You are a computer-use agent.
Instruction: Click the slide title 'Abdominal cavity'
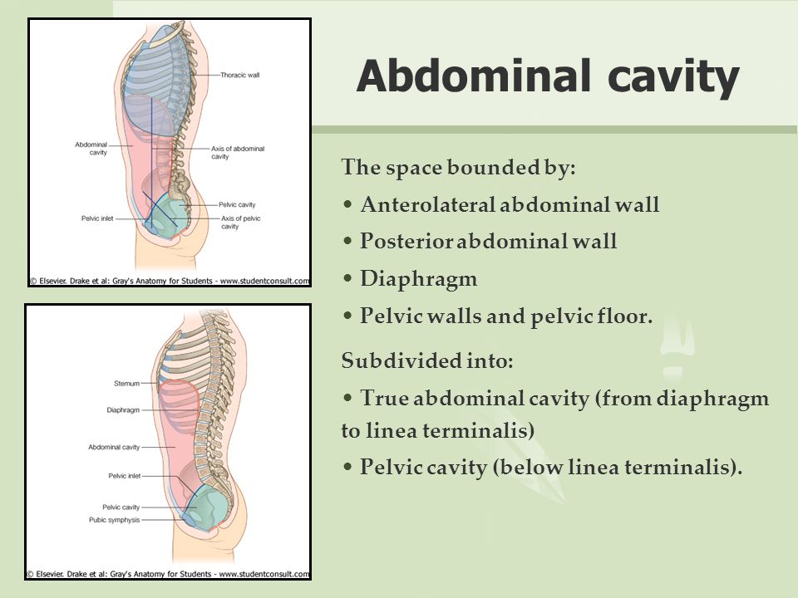coord(548,76)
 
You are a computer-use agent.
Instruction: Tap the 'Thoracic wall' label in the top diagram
coord(239,75)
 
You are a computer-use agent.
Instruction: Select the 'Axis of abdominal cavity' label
coord(238,153)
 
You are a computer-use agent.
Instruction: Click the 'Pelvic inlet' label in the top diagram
coord(97,218)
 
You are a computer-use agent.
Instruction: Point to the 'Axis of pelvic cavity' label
coord(240,223)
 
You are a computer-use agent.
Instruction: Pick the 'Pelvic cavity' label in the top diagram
coord(237,204)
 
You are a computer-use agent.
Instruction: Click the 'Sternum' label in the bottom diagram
coord(126,384)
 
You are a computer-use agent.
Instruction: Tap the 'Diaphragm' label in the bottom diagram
coord(123,409)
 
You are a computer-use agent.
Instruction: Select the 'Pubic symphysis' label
coord(115,520)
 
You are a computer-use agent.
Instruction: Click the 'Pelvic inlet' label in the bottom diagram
coord(124,476)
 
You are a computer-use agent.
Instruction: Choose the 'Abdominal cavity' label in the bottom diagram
coord(114,447)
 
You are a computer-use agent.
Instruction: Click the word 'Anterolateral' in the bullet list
coord(427,204)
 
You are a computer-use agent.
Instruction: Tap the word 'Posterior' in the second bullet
coord(406,242)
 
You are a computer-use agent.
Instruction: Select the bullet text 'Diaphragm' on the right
coord(419,279)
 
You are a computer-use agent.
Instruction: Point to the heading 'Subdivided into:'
coord(427,360)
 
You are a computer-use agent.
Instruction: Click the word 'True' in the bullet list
coord(384,398)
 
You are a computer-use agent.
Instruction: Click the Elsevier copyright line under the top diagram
coord(170,281)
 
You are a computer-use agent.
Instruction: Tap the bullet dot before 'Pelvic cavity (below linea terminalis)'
coord(347,467)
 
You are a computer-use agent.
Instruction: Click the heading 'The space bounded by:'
coord(459,167)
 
